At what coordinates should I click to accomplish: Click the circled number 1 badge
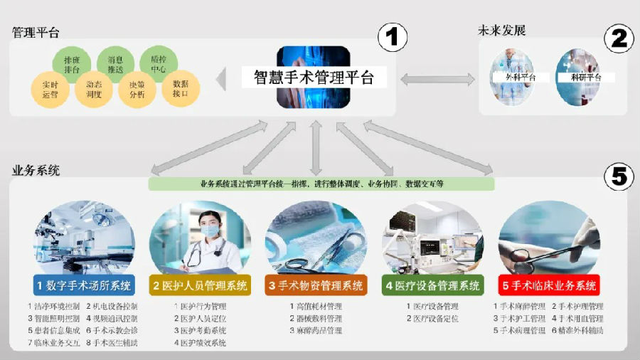pyautogui.click(x=392, y=37)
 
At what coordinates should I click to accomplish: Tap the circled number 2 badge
pyautogui.click(x=619, y=38)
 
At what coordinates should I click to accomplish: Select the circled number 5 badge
pyautogui.click(x=619, y=175)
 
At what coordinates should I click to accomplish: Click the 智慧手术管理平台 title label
pyautogui.click(x=314, y=77)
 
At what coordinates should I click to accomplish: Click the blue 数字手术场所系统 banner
pyautogui.click(x=84, y=286)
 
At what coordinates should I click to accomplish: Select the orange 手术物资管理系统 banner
pyautogui.click(x=316, y=286)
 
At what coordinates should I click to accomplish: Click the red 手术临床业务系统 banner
pyautogui.click(x=549, y=286)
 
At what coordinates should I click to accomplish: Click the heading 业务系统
pyautogui.click(x=36, y=171)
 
